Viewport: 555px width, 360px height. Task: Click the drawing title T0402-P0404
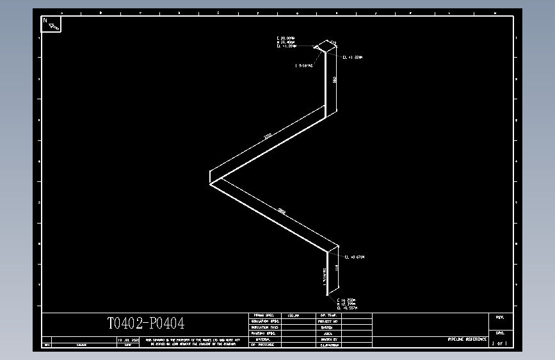(x=145, y=324)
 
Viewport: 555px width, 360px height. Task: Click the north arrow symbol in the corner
(x=52, y=24)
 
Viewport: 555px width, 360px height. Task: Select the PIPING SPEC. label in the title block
(x=263, y=316)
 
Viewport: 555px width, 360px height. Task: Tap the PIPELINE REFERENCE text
(x=467, y=339)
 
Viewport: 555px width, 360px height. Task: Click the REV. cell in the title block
(x=500, y=317)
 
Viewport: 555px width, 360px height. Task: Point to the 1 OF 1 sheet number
(x=499, y=344)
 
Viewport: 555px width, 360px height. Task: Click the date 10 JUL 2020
(x=127, y=340)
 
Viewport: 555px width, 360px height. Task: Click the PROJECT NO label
(x=327, y=322)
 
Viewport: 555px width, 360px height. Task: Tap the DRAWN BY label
(x=327, y=339)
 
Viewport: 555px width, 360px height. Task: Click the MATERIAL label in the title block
(x=263, y=339)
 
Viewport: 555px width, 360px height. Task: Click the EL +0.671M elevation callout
(x=355, y=257)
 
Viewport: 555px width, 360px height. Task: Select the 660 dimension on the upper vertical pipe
(x=334, y=80)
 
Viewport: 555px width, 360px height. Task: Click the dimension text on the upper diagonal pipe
(x=268, y=136)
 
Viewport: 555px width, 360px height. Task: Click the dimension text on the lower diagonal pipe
(x=282, y=211)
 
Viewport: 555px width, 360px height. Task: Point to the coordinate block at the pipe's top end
(x=286, y=42)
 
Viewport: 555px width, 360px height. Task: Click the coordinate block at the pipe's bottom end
(x=346, y=304)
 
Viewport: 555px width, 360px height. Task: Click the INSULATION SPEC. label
(x=263, y=322)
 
